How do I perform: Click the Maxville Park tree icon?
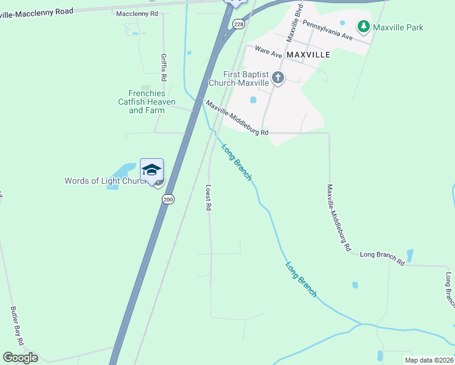[364, 27]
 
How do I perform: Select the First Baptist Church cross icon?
[278, 77]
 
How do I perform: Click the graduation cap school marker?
[151, 170]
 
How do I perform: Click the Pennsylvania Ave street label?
[327, 29]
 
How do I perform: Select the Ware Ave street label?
[268, 51]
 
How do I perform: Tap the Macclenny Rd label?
[137, 13]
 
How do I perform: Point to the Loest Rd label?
[208, 198]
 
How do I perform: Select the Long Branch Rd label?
[382, 257]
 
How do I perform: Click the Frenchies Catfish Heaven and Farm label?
[147, 102]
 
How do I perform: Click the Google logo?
[20, 357]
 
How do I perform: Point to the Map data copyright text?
[429, 360]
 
